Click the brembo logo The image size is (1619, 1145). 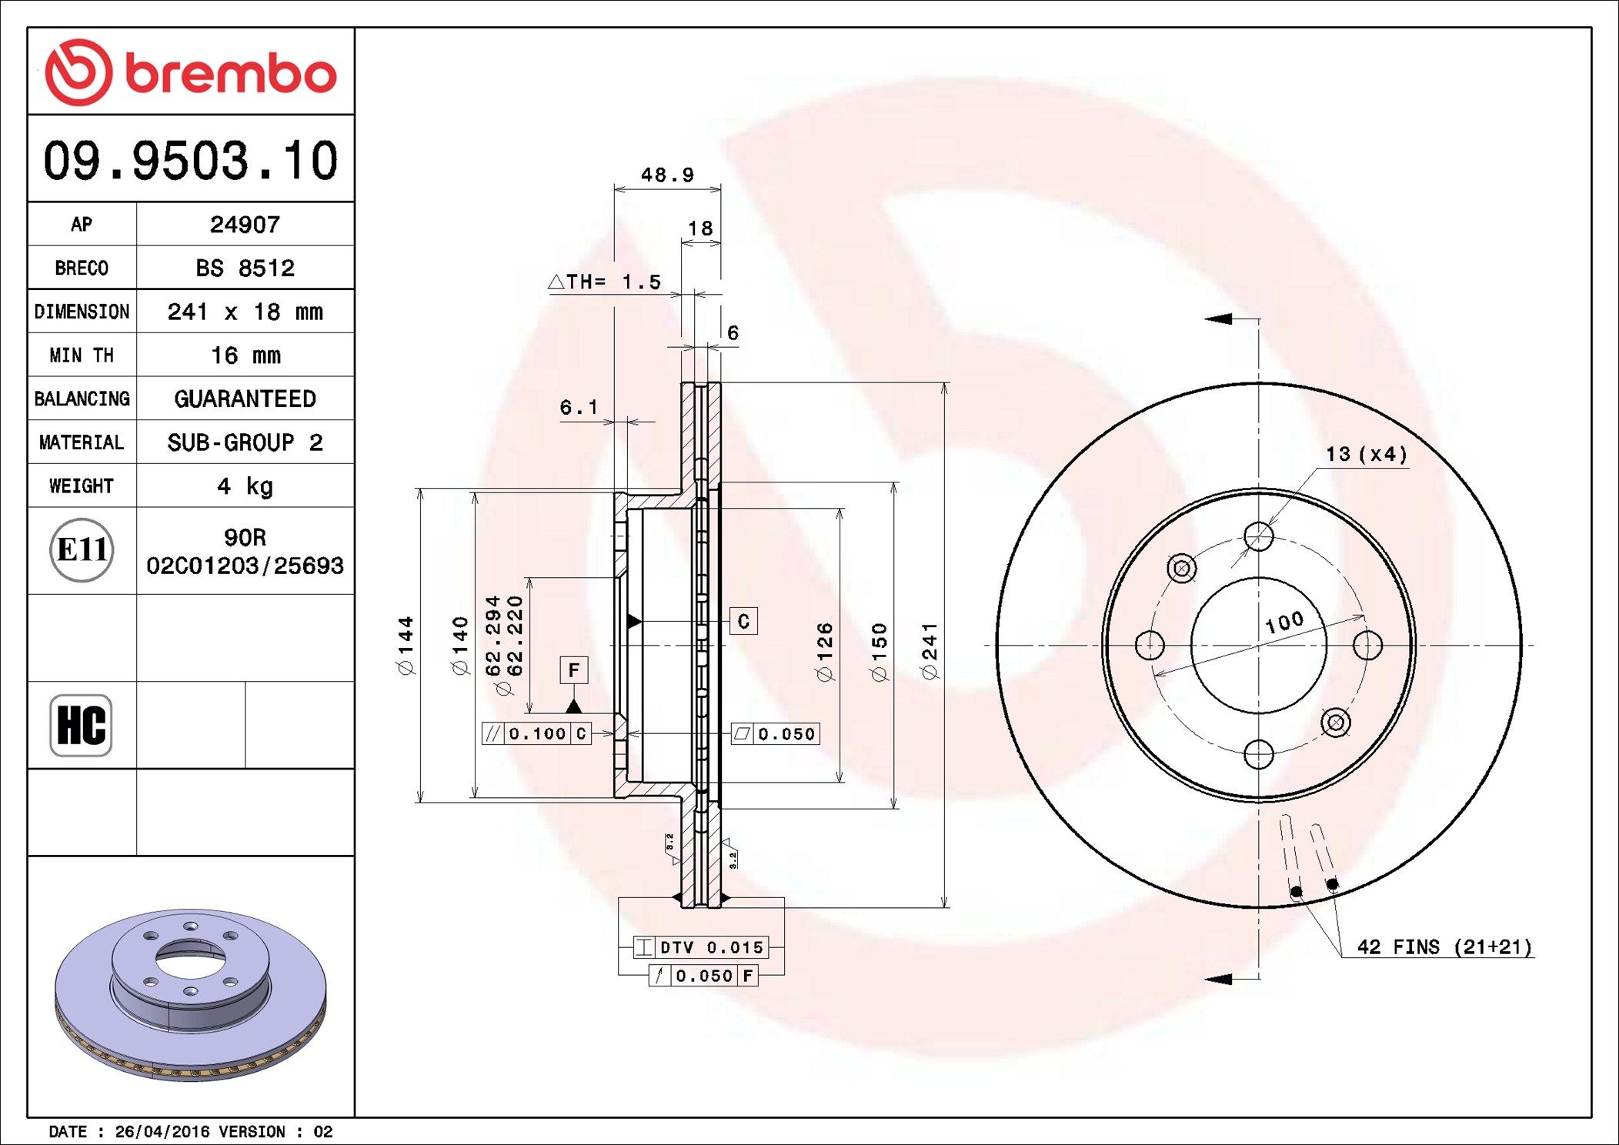coord(191,72)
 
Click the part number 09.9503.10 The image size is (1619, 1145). coord(191,161)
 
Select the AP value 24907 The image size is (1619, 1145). coord(245,225)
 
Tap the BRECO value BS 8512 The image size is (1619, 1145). coord(245,269)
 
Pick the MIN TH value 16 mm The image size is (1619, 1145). coord(245,356)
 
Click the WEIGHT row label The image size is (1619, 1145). coord(82,486)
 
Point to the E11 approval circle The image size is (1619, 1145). coord(82,550)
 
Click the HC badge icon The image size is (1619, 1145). coord(81,725)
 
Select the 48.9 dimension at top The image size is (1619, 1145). coord(667,175)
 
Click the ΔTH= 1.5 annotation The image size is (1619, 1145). coord(605,282)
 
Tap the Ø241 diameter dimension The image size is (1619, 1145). coord(930,651)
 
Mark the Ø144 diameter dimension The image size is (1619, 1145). coord(406,645)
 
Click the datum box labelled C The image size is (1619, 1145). coord(743,621)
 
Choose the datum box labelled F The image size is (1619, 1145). coord(574,670)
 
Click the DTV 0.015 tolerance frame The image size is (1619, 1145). coord(700,947)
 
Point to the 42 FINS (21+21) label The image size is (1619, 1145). coord(1444,947)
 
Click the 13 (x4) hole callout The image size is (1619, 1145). coord(1366,454)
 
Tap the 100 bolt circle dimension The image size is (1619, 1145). coord(1284,622)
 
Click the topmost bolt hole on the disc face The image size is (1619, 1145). coord(1259,536)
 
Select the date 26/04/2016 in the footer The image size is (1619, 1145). coord(162,1132)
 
